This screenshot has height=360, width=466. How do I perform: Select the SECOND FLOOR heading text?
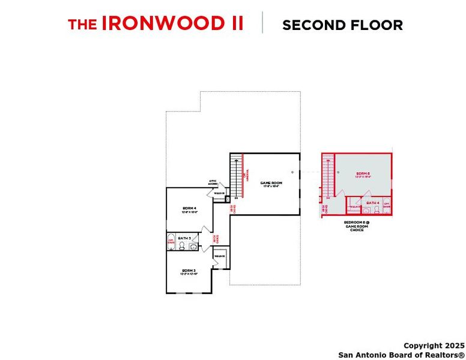[x=342, y=25]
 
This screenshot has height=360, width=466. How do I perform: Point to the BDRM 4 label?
[x=190, y=209]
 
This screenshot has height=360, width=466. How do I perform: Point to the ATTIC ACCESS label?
[x=213, y=182]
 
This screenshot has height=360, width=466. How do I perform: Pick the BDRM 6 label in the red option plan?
[x=363, y=174]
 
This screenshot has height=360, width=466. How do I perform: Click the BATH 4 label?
[x=373, y=203]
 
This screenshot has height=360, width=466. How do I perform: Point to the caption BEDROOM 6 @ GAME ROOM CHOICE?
[x=357, y=226]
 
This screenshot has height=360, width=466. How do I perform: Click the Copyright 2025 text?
[x=434, y=346]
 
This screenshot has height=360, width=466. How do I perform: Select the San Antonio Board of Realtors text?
[x=401, y=355]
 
